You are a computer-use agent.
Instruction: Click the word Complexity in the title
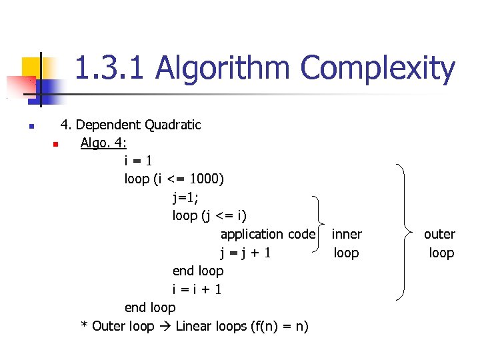pyautogui.click(x=379, y=69)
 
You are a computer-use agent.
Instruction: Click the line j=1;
pyautogui.click(x=185, y=197)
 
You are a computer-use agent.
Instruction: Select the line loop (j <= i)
pyautogui.click(x=209, y=215)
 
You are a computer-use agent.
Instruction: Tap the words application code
pyautogui.click(x=267, y=234)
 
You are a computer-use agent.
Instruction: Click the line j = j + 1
pyautogui.click(x=245, y=253)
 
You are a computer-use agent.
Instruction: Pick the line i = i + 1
pyautogui.click(x=197, y=289)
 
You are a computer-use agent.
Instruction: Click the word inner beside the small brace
pyautogui.click(x=347, y=234)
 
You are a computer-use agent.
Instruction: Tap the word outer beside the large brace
pyautogui.click(x=440, y=234)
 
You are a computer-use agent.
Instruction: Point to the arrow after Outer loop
pyautogui.click(x=164, y=327)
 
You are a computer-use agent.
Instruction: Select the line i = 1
pyautogui.click(x=139, y=161)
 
